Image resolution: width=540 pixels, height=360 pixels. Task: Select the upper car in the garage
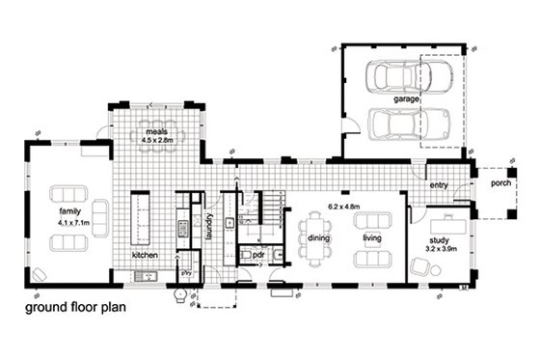[393, 76]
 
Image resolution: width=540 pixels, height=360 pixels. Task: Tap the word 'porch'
[500, 182]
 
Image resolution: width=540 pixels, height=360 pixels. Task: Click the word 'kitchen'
[147, 257]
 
